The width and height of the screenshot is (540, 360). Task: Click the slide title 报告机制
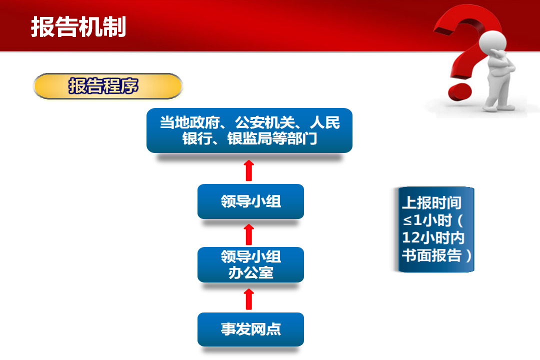pyautogui.click(x=78, y=27)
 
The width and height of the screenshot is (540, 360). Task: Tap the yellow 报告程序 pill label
pyautogui.click(x=108, y=86)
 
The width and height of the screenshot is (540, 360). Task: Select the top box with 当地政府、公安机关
pyautogui.click(x=249, y=130)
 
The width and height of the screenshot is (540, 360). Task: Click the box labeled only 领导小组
pyautogui.click(x=250, y=201)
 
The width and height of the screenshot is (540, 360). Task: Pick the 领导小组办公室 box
pyautogui.click(x=250, y=264)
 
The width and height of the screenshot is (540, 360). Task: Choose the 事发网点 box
pyautogui.click(x=250, y=329)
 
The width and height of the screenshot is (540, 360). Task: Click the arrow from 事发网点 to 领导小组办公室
pyautogui.click(x=249, y=299)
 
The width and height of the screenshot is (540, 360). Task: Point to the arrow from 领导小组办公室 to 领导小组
pyautogui.click(x=249, y=234)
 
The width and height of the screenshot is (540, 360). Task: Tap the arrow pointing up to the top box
pyautogui.click(x=249, y=170)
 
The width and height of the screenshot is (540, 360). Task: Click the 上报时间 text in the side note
pyautogui.click(x=432, y=203)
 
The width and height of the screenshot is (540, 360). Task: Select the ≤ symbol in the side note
pyautogui.click(x=407, y=220)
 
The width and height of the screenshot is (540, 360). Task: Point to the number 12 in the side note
pyautogui.click(x=410, y=237)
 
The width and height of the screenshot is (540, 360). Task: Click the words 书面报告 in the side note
pyautogui.click(x=432, y=255)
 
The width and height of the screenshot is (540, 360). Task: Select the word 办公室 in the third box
pyautogui.click(x=250, y=273)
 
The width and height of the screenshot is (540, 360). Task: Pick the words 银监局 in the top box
pyautogui.click(x=249, y=139)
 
